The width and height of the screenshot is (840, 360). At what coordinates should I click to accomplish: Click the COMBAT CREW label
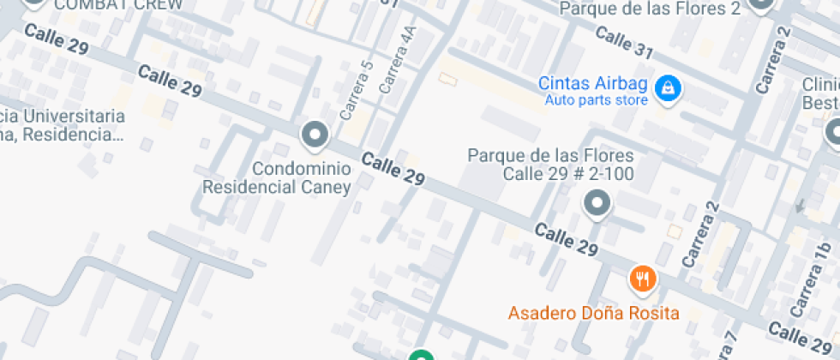[x=118, y=4]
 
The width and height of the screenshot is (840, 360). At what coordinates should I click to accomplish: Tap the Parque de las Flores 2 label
[x=650, y=9]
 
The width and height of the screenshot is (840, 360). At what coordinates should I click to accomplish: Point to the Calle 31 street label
[x=623, y=41]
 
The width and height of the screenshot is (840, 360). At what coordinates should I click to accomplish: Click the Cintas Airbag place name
[x=593, y=84]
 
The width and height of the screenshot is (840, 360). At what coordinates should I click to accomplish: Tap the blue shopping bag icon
[x=667, y=87]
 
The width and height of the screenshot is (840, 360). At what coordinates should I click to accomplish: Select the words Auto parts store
[x=596, y=101]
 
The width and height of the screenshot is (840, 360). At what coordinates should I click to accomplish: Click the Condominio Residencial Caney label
[x=277, y=177]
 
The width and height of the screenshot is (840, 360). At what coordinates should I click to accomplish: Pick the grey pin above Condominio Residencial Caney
[x=315, y=135]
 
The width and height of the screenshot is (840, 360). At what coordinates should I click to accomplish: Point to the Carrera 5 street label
[x=357, y=90]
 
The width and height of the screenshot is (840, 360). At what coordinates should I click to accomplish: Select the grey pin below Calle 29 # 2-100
[x=596, y=204]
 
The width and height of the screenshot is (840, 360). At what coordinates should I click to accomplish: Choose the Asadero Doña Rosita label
[x=593, y=313]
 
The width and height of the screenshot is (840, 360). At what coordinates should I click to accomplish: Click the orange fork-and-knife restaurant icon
[x=642, y=278]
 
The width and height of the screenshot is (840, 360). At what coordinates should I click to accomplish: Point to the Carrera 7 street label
[x=729, y=347]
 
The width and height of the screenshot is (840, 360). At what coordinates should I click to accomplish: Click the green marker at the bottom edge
[x=420, y=355]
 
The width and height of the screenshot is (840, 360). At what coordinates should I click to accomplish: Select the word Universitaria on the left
[x=73, y=117]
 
